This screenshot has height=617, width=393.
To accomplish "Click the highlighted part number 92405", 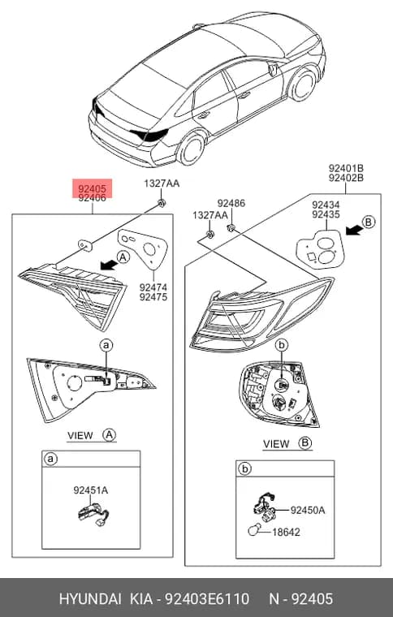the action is [92, 189].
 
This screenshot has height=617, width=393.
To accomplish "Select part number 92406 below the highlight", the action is [92, 198].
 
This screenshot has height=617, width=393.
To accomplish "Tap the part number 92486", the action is [231, 203].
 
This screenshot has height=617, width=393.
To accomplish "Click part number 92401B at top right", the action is [346, 168].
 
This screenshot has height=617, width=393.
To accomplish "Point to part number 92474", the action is [153, 287].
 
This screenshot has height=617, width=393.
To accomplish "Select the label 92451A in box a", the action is [90, 490].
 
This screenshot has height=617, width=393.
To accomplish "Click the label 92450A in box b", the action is [308, 510].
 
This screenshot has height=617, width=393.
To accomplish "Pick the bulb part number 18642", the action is [286, 532].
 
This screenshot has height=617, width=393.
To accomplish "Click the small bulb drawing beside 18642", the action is [253, 531].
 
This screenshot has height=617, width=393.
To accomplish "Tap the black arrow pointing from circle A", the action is [109, 265].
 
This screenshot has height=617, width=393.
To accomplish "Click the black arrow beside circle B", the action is [354, 231].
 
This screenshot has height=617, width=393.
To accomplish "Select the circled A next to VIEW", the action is [109, 435].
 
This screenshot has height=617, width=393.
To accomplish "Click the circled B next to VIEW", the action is [305, 443].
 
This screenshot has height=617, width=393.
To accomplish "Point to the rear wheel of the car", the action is [192, 149].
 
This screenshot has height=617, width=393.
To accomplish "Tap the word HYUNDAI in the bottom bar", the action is [90, 599].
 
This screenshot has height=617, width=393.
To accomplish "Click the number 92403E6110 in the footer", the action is [207, 599].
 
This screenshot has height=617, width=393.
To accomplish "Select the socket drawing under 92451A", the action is [93, 513].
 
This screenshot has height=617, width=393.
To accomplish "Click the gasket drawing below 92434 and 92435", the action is [320, 249].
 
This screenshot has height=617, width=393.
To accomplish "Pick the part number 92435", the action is [326, 214].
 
